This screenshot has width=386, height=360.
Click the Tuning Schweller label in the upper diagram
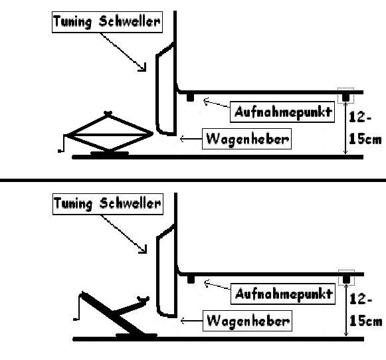[106, 21]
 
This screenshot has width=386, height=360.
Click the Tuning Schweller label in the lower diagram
[106, 203]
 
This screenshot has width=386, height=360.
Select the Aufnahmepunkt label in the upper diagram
[282, 111]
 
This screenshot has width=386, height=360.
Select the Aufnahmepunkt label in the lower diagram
[282, 294]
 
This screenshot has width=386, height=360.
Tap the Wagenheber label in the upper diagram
[248, 139]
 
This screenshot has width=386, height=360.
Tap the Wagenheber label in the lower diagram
[248, 321]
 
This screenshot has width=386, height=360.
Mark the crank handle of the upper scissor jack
[64, 143]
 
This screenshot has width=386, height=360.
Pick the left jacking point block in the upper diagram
[190, 97]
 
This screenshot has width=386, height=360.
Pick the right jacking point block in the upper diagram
[345, 98]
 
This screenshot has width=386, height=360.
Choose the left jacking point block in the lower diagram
[190, 279]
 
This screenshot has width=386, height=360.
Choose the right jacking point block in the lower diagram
[345, 280]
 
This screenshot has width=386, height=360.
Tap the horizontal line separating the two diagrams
[193, 179]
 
